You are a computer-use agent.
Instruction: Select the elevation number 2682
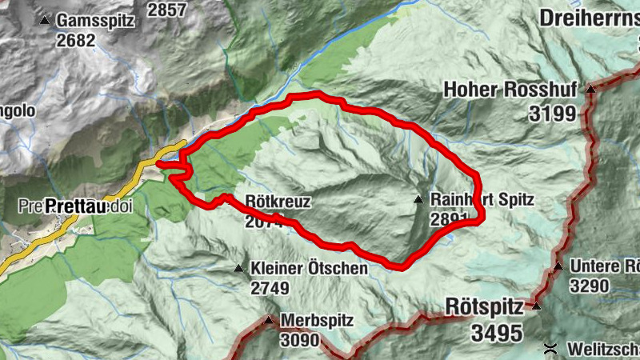pyautogui.click(x=74, y=40)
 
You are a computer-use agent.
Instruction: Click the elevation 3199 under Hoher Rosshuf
pyautogui.click(x=551, y=113)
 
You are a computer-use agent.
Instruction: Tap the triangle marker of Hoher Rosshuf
pyautogui.click(x=590, y=90)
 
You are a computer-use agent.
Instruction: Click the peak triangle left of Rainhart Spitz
pyautogui.click(x=418, y=199)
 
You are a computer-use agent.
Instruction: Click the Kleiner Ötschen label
pyautogui.click(x=309, y=268)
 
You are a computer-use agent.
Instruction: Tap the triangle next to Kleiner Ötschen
pyautogui.click(x=238, y=268)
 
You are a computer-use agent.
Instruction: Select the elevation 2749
pyautogui.click(x=269, y=286)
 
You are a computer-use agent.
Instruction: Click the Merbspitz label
pyautogui.click(x=318, y=321)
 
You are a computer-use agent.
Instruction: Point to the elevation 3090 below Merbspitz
pyautogui.click(x=299, y=340)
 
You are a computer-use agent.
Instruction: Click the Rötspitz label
pyautogui.click(x=484, y=306)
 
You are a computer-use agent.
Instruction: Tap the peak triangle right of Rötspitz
pyautogui.click(x=537, y=306)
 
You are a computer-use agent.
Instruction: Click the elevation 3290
pyautogui.click(x=590, y=285)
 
